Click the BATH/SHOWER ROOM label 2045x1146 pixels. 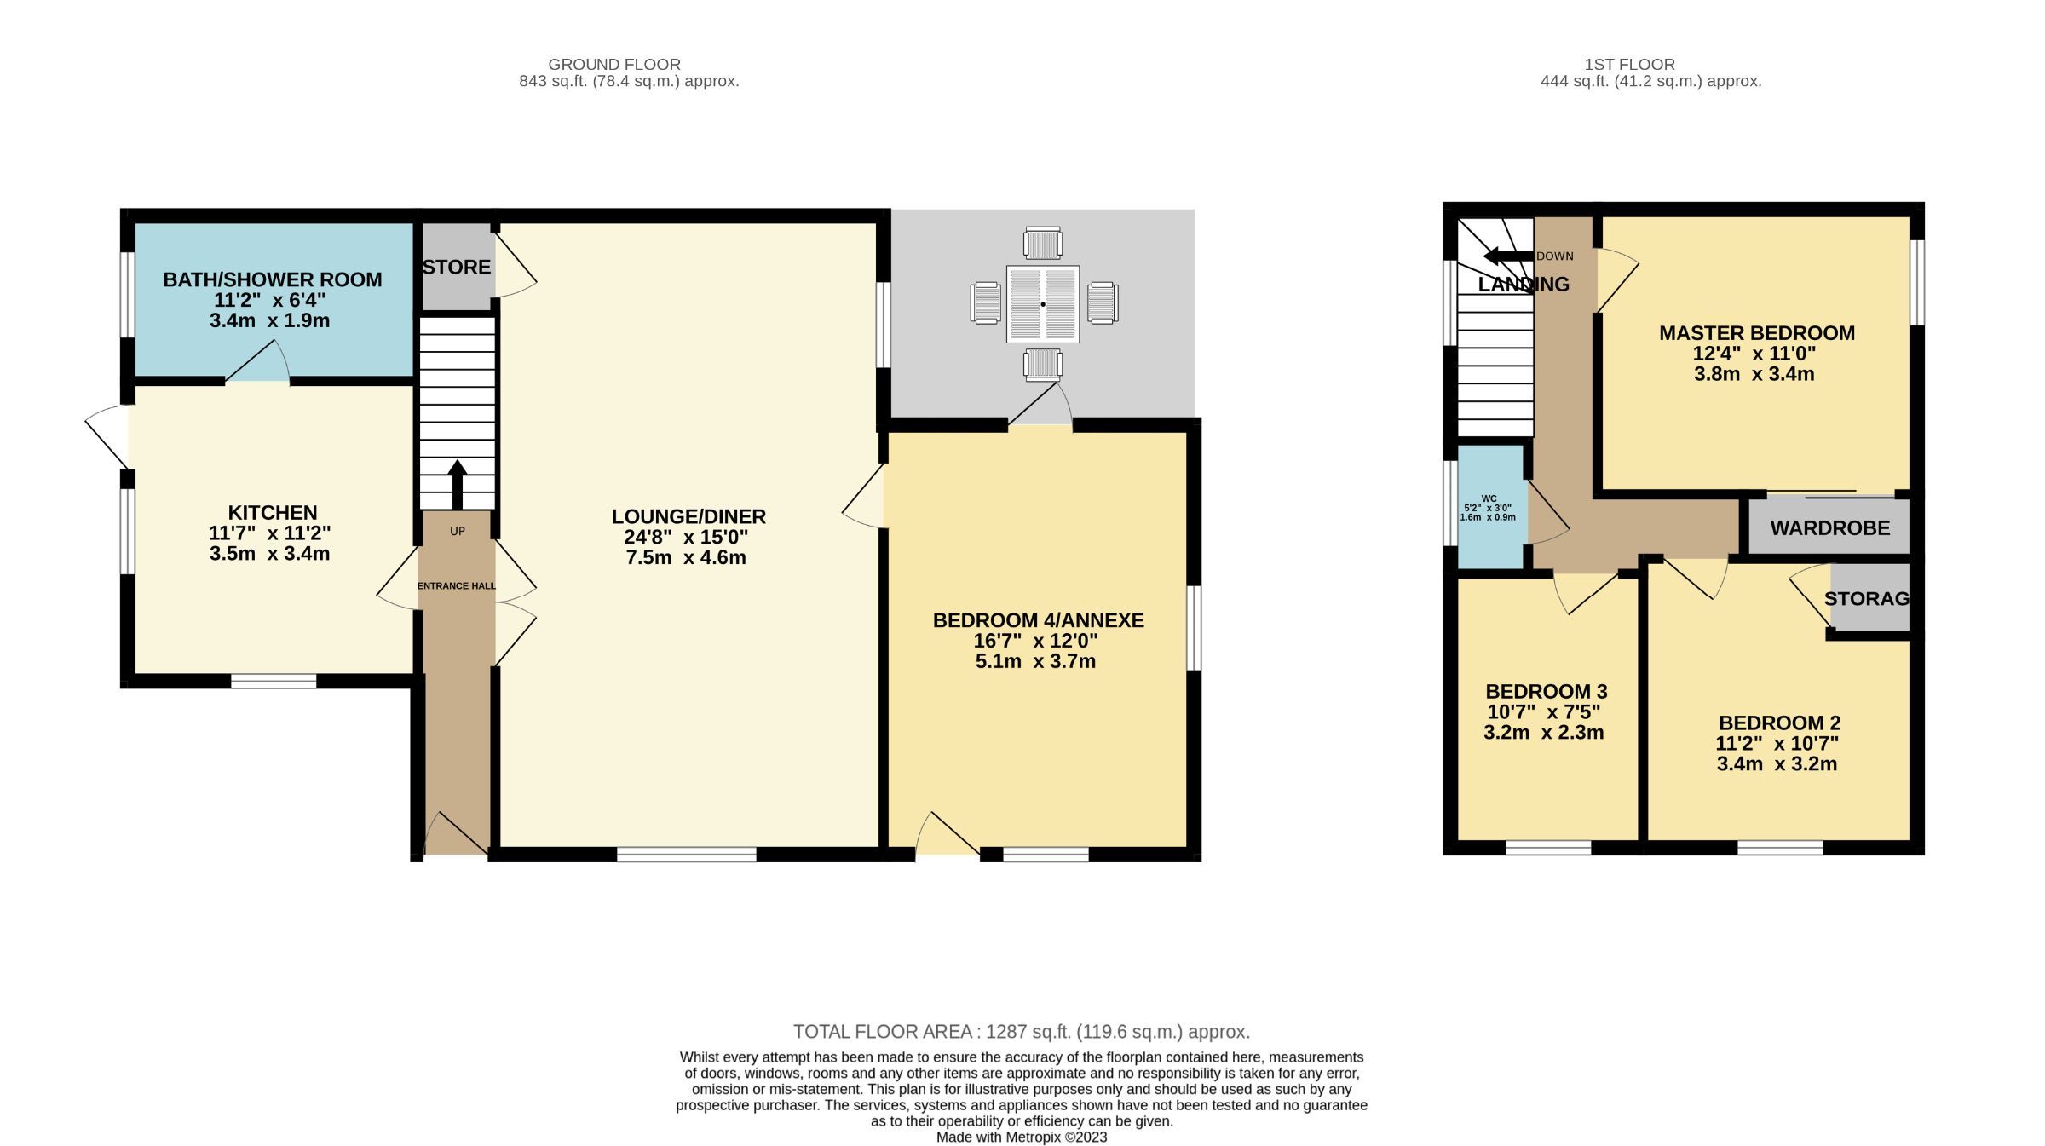click(272, 279)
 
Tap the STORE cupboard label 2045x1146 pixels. click(457, 267)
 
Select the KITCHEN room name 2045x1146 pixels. click(272, 512)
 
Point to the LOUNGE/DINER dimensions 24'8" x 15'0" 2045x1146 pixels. click(686, 537)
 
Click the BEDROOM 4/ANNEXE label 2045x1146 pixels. click(1038, 620)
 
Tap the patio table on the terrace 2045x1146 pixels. click(1042, 304)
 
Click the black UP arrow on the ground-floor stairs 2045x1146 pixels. click(458, 484)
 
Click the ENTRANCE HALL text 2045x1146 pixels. click(457, 585)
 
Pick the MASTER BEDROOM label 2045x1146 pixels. click(1756, 333)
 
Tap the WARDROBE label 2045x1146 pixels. click(1829, 527)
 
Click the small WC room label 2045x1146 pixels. click(1489, 498)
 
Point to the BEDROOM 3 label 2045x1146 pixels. click(1546, 691)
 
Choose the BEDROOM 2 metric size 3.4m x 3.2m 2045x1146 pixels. click(1777, 763)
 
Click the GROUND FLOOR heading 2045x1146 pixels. click(613, 64)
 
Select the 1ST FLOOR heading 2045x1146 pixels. click(1629, 64)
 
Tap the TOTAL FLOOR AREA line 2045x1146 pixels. click(1021, 1032)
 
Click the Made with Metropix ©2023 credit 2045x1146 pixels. click(1021, 1137)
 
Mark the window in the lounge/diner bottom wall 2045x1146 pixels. click(686, 854)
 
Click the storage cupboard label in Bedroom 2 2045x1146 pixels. click(1866, 598)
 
